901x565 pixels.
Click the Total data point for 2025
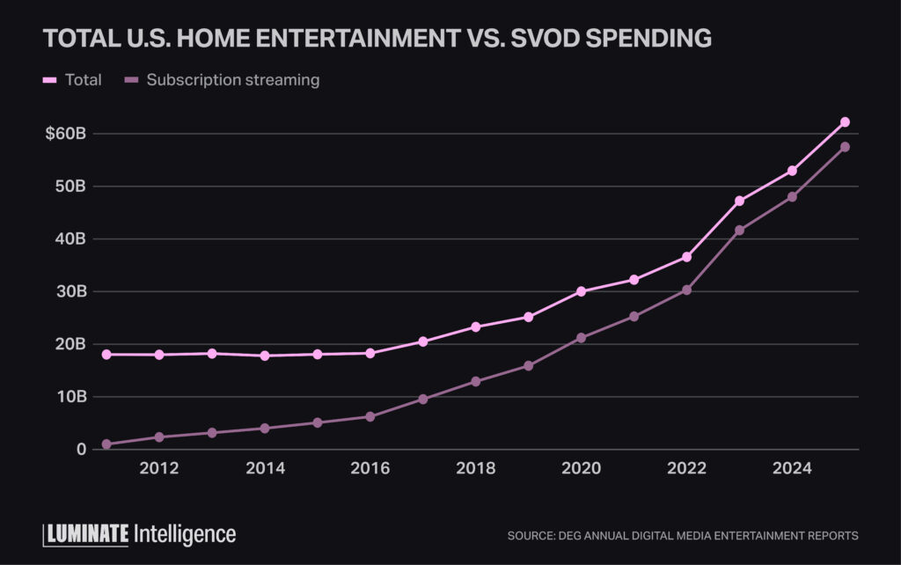pyautogui.click(x=845, y=121)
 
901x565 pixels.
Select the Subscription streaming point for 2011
pyautogui.click(x=106, y=444)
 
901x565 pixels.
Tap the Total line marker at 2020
pyautogui.click(x=581, y=291)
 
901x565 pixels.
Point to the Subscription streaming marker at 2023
pyautogui.click(x=739, y=231)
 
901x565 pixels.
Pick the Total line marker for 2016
pyautogui.click(x=370, y=353)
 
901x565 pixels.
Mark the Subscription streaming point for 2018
pyautogui.click(x=475, y=381)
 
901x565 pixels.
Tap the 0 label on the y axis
pyautogui.click(x=82, y=450)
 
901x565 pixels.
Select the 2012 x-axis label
pyautogui.click(x=159, y=468)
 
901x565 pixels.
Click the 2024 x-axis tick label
pyautogui.click(x=792, y=468)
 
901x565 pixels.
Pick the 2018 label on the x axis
pyautogui.click(x=475, y=468)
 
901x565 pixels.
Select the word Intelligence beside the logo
pyautogui.click(x=185, y=533)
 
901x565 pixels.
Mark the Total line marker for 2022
pyautogui.click(x=686, y=257)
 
